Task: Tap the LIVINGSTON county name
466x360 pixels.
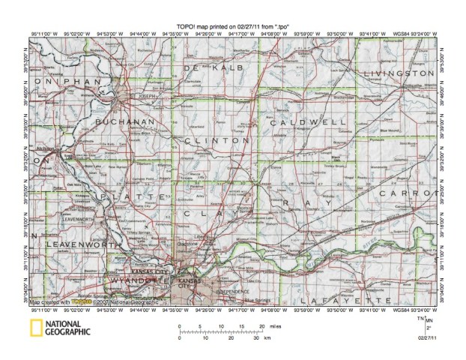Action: (x=399, y=73)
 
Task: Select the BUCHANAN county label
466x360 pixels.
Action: (x=124, y=120)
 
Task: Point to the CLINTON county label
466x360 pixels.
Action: (x=216, y=140)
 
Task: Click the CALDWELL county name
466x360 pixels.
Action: (x=308, y=121)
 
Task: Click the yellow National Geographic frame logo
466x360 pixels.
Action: (x=36, y=328)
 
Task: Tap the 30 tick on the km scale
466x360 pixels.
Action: (x=257, y=339)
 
